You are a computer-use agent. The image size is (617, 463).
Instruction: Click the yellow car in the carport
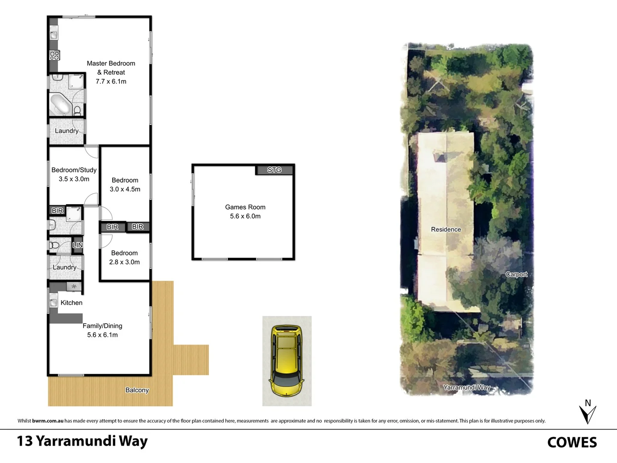coord(286,360)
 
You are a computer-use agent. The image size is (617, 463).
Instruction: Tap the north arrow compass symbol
coord(587,412)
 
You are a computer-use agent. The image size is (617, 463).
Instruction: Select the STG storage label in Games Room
coord(274,170)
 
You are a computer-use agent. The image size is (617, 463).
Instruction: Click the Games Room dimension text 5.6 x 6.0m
coord(245,216)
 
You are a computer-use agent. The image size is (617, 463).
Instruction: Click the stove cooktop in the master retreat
coord(54,55)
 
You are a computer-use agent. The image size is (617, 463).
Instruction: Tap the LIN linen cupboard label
coord(78,245)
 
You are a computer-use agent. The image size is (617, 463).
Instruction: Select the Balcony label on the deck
coord(137,390)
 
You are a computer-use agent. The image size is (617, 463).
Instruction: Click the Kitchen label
coord(71,303)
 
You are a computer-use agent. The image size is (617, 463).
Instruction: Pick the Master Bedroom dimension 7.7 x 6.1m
coord(111,81)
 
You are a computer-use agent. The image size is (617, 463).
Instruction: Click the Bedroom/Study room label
coord(74,170)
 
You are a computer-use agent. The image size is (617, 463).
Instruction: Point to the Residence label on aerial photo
coord(446,229)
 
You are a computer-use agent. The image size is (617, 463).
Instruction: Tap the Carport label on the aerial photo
coord(516,274)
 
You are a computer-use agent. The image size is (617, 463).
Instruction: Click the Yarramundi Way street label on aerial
coord(467,388)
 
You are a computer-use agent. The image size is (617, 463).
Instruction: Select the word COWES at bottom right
coord(572,442)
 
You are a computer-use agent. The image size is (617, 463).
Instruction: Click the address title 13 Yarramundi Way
coord(82,441)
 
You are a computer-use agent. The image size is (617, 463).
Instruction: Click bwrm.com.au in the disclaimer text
coord(48,421)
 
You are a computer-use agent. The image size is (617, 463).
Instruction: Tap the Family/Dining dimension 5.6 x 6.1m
coord(102,335)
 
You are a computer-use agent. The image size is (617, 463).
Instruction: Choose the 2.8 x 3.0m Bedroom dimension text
coord(124,262)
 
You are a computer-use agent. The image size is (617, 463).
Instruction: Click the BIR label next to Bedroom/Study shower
coord(57,210)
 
